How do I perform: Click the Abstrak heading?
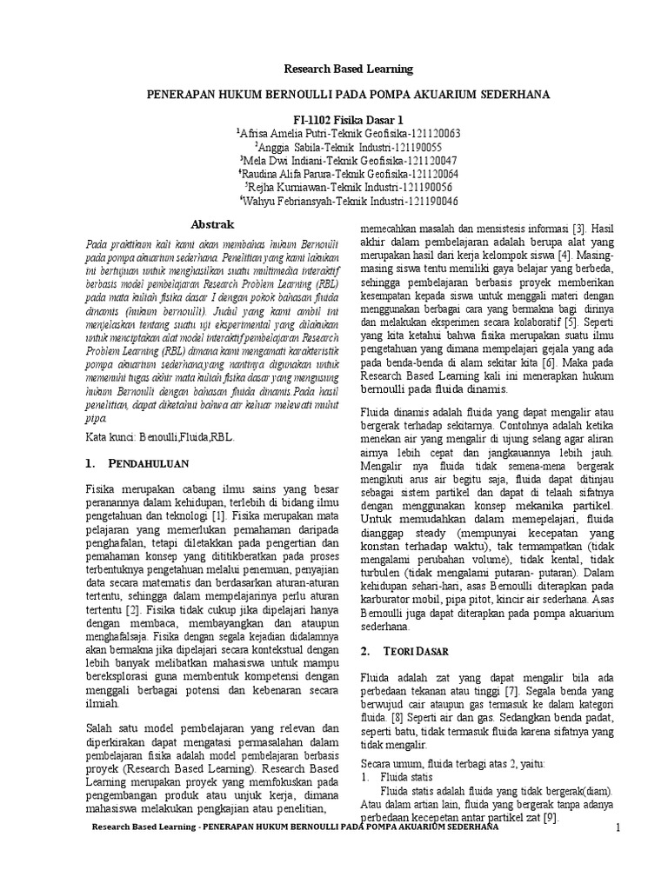coord(208,223)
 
